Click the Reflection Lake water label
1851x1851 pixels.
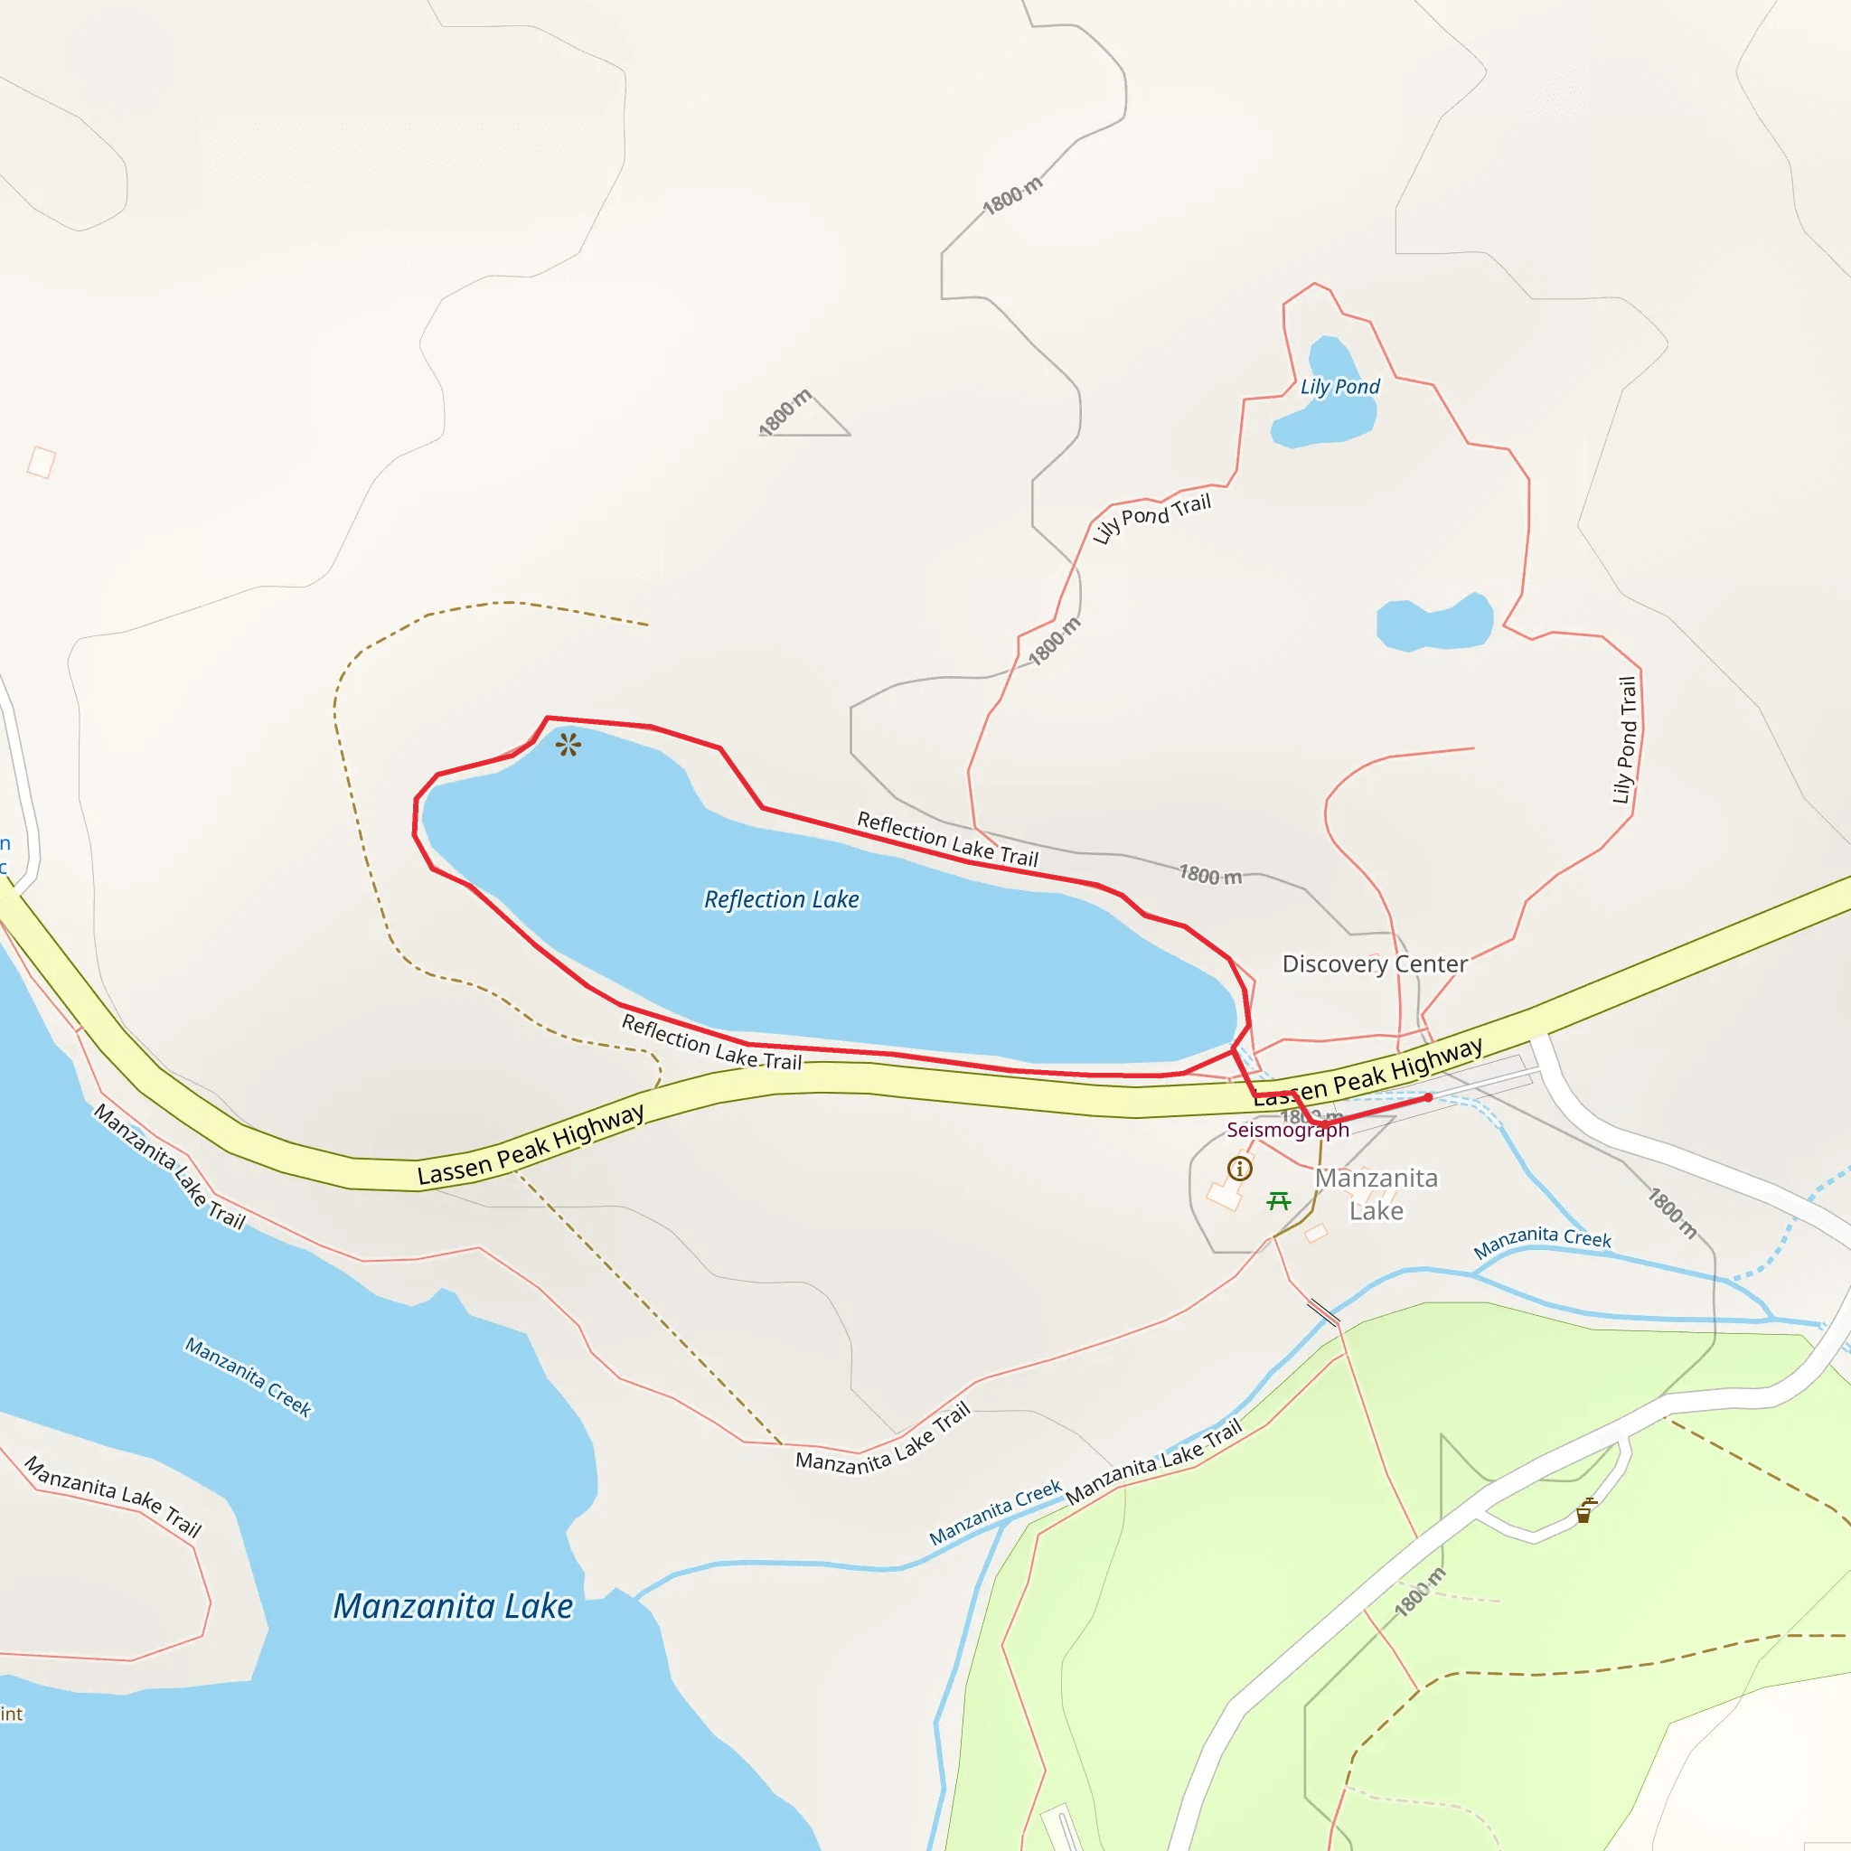(x=781, y=899)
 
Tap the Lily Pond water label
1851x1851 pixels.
(x=1339, y=387)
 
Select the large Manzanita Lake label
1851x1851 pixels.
(x=452, y=1607)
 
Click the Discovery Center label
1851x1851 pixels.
(x=1374, y=963)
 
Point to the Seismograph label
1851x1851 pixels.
(x=1287, y=1131)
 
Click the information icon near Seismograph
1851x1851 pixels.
(x=1240, y=1168)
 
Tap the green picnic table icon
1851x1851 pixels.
(x=1278, y=1200)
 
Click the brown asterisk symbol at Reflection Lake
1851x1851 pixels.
(x=568, y=745)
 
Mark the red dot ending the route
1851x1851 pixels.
(x=1427, y=1098)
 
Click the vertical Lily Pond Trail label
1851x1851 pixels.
(x=1625, y=739)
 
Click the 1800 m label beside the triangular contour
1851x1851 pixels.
(x=785, y=413)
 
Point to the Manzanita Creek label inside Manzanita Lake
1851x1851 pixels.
(x=249, y=1377)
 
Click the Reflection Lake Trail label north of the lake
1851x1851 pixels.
(x=946, y=840)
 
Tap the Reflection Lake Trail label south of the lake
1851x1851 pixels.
(x=711, y=1042)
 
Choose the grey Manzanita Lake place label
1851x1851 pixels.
(x=1376, y=1195)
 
